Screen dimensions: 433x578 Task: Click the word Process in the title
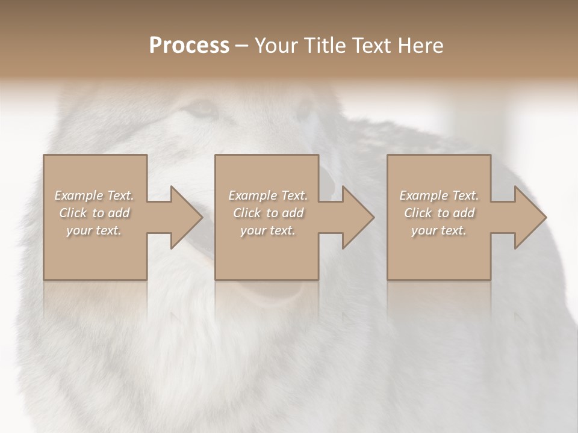click(189, 46)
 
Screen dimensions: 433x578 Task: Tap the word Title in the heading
click(325, 46)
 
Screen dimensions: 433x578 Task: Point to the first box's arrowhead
click(184, 217)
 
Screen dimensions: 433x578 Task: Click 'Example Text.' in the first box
click(94, 195)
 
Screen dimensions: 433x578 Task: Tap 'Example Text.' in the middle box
click(268, 195)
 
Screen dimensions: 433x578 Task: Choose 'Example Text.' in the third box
click(439, 195)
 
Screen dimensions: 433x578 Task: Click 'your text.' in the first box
click(94, 230)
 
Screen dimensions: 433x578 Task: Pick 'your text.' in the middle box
click(268, 230)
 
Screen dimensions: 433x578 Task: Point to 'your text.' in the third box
click(439, 230)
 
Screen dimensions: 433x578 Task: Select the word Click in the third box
click(418, 213)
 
